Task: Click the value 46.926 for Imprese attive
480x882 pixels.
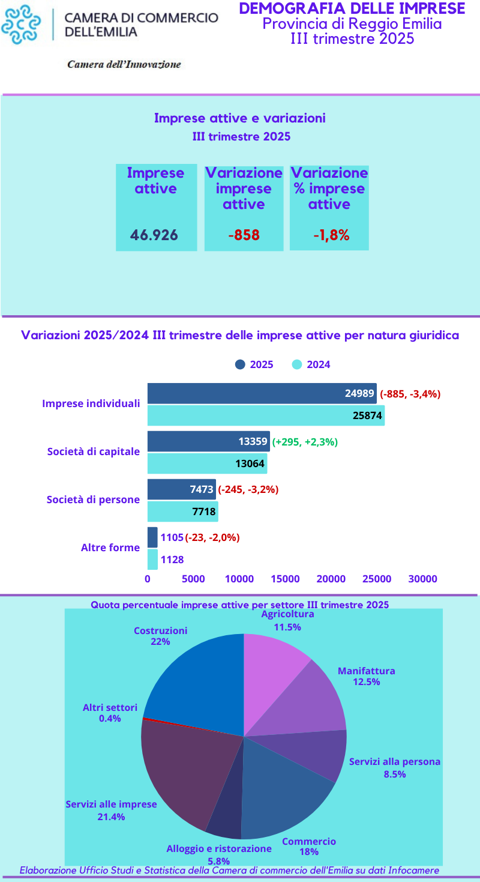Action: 154,235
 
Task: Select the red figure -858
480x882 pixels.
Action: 244,235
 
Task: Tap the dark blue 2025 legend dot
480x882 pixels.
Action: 240,364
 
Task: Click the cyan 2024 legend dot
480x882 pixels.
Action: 296,364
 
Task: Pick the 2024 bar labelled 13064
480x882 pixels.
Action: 207,464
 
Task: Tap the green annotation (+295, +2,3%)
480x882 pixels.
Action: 305,442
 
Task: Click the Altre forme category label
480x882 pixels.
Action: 110,548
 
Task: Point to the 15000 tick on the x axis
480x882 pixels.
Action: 285,579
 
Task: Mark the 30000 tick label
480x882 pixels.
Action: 422,579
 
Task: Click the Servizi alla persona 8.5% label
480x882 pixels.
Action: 395,768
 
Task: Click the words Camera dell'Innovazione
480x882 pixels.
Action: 124,64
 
